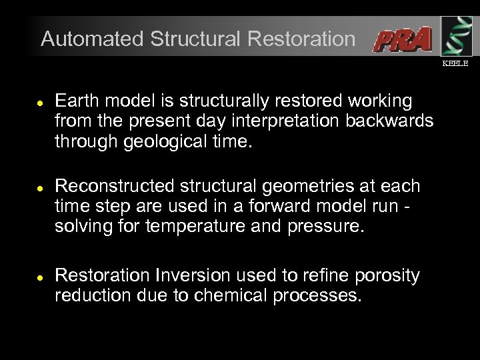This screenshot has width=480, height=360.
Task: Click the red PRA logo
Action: pyautogui.click(x=402, y=40)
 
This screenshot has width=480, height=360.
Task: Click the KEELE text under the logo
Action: pyautogui.click(x=455, y=63)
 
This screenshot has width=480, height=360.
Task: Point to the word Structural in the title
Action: pyautogui.click(x=197, y=39)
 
